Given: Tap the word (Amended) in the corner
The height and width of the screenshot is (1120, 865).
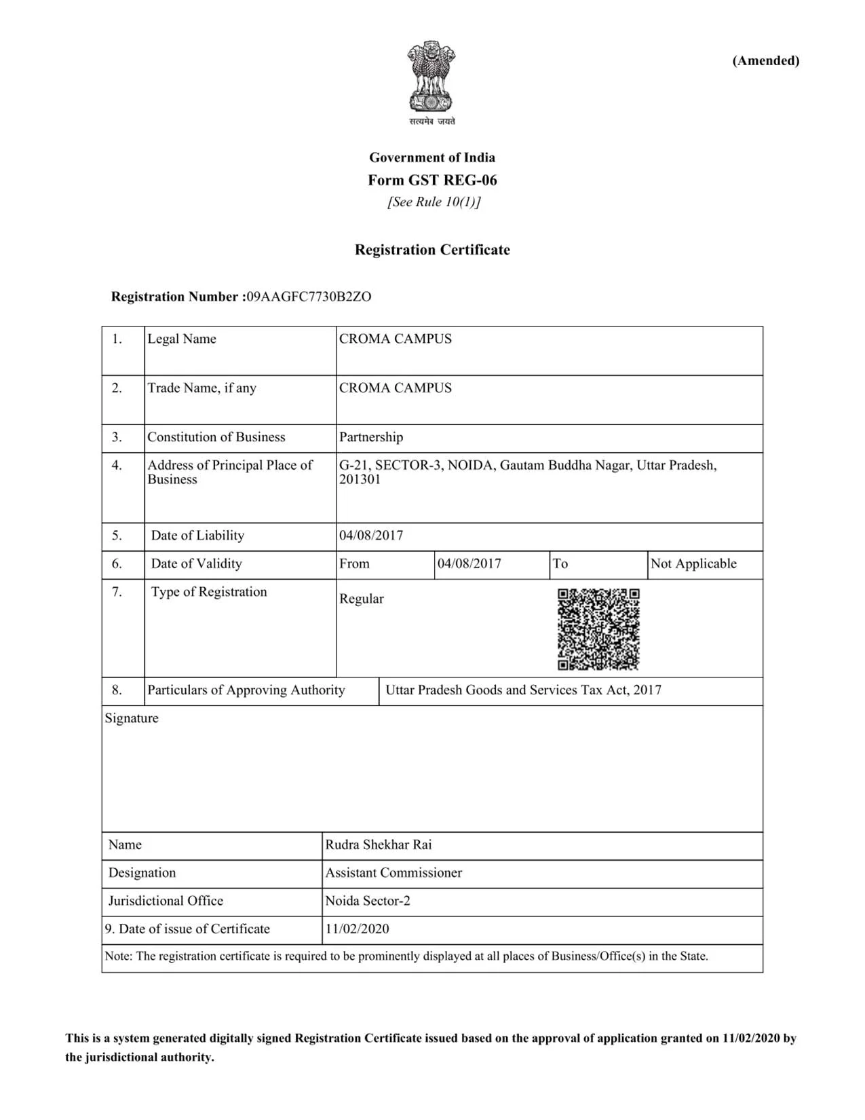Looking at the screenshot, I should [x=765, y=61].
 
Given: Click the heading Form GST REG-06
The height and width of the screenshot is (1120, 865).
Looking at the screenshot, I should [x=432, y=181].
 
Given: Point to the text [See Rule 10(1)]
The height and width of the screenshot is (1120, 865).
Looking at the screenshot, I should [x=434, y=202].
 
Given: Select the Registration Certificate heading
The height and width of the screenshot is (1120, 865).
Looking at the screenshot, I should [x=432, y=250].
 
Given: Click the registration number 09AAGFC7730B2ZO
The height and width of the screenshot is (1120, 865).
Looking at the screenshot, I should [x=309, y=297].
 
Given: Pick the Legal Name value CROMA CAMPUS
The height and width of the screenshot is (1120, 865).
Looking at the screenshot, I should [x=395, y=339].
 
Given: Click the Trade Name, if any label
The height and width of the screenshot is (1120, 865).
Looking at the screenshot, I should [x=201, y=388].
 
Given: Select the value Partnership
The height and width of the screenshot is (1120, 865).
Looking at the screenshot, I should [x=370, y=437].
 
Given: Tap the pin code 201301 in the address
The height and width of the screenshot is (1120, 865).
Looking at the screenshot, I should [x=360, y=480].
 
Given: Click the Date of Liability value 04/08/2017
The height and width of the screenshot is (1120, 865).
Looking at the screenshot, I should [x=370, y=536].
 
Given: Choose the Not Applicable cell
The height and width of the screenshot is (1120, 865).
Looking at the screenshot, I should [x=693, y=564].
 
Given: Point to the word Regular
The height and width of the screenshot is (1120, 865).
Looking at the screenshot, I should [x=361, y=599].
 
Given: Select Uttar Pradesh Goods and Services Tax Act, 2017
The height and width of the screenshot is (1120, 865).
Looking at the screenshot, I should [x=523, y=690].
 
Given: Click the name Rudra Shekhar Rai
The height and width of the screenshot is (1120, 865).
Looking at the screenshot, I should [x=378, y=845].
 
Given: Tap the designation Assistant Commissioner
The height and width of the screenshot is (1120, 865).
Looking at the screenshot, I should [x=393, y=873].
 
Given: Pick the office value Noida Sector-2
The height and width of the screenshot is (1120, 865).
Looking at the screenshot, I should [x=367, y=901].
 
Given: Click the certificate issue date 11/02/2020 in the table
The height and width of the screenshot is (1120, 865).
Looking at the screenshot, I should [x=357, y=929].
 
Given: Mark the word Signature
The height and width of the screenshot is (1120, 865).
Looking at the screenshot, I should [x=132, y=718].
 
